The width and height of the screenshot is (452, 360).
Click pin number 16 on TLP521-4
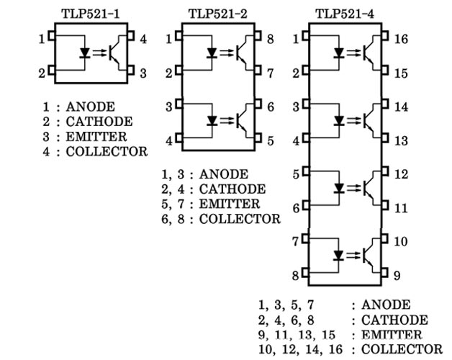point(401,38)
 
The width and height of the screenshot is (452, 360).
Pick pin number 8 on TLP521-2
point(270,39)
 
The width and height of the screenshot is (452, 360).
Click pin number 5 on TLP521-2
point(270,141)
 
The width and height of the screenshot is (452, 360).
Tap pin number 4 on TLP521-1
point(143,39)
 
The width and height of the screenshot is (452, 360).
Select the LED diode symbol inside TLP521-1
point(85,52)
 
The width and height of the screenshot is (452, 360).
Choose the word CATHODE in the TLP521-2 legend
point(232,189)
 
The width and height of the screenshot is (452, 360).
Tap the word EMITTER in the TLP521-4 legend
point(392,335)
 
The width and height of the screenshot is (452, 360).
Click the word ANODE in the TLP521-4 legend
point(386,305)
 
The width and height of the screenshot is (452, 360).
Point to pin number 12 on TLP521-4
point(401,174)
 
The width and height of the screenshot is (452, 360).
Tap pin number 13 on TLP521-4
point(401,140)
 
